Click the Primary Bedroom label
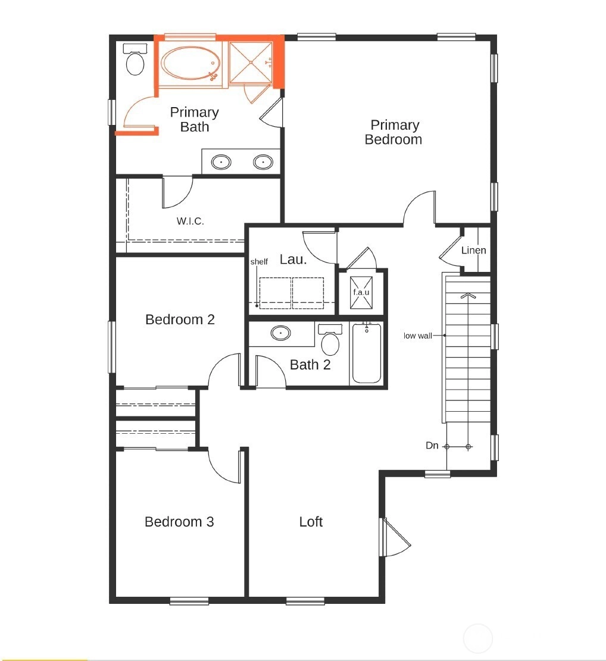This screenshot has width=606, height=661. click(x=393, y=132)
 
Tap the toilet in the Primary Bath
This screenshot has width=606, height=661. click(x=135, y=59)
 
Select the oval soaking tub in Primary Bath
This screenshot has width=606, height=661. click(x=191, y=63)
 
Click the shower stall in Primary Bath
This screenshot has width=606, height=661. click(x=251, y=62)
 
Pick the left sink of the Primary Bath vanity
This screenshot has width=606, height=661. click(x=221, y=162)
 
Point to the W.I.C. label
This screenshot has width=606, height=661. click(x=190, y=221)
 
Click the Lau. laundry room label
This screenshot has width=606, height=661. click(x=293, y=259)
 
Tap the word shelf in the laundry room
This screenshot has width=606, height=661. click(x=259, y=262)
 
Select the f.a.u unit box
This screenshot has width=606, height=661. click(x=361, y=292)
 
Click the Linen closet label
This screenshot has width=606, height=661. click(x=474, y=250)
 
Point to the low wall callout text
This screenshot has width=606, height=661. click(x=417, y=336)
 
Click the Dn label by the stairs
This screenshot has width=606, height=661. click(x=432, y=446)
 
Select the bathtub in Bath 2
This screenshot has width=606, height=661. click(x=367, y=353)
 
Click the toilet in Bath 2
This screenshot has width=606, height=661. click(x=330, y=339)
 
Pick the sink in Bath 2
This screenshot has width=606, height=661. click(x=280, y=333)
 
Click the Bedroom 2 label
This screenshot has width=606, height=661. click(x=180, y=319)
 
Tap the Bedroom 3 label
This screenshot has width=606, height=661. click(x=179, y=522)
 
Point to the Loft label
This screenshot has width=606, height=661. click(x=311, y=522)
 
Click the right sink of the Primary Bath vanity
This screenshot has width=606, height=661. click(x=263, y=162)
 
